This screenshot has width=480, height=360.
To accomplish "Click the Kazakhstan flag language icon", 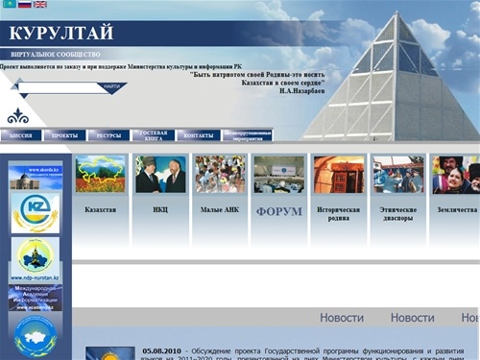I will pyautogui.click(x=9, y=5).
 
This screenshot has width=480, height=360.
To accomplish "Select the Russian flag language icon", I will pyautogui.click(x=24, y=5).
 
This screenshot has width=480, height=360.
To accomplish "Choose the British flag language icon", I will pyautogui.click(x=39, y=5).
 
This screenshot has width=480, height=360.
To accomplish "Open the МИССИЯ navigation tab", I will pyautogui.click(x=20, y=136).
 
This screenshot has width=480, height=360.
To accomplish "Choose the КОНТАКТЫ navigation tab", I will pyautogui.click(x=199, y=136).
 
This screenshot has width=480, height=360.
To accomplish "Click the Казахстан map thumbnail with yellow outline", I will pyautogui.click(x=100, y=175).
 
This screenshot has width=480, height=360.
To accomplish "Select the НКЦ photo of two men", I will pyautogui.click(x=160, y=175).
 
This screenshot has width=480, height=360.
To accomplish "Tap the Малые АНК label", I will pyautogui.click(x=219, y=209).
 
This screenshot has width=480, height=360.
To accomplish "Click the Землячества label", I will pyautogui.click(x=455, y=209).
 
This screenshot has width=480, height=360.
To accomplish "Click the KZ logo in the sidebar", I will pyautogui.click(x=35, y=210).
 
